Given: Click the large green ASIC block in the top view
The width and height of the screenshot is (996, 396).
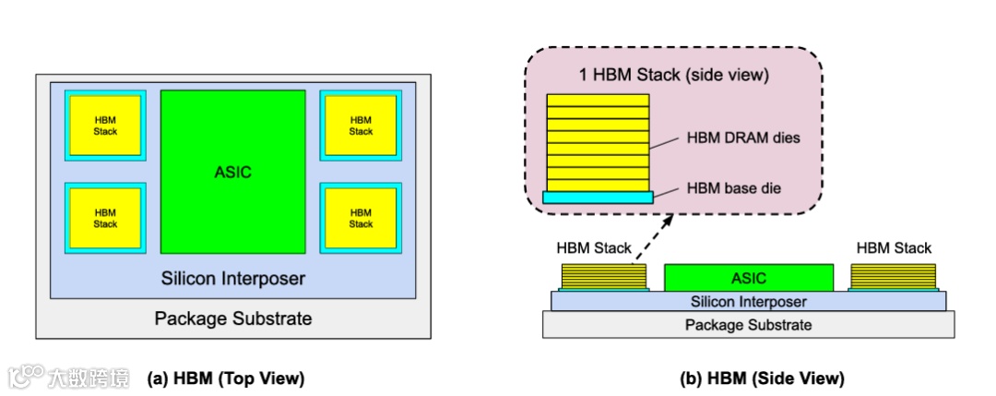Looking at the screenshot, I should [x=232, y=172].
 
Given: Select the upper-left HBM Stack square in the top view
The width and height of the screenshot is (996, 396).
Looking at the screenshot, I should [x=105, y=126].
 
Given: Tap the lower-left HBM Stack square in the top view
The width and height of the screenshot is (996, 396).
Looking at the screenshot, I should [x=105, y=218].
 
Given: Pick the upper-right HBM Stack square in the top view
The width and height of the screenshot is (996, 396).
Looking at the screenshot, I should [x=361, y=126].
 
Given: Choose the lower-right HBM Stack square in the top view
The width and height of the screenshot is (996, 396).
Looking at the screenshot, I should [x=361, y=218].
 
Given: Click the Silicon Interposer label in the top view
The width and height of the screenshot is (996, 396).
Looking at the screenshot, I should [x=232, y=277].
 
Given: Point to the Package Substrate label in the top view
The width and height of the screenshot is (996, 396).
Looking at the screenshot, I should [x=232, y=318].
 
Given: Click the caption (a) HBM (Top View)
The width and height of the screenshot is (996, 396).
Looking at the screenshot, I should [x=225, y=378].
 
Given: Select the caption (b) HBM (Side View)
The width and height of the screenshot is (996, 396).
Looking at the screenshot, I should [x=762, y=378].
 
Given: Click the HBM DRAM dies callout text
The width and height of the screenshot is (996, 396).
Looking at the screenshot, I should [x=741, y=138].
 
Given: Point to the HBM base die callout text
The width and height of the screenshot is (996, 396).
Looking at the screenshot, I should [x=734, y=188].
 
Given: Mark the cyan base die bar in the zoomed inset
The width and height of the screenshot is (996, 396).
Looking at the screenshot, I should [x=598, y=197].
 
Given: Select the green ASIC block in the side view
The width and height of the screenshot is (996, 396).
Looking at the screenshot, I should [x=748, y=277].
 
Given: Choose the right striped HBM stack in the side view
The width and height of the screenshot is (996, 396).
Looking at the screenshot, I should [x=893, y=276].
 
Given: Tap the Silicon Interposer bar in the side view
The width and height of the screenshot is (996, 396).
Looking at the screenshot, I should [x=748, y=301].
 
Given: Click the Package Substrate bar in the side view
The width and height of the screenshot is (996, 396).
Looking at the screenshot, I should [x=748, y=325].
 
